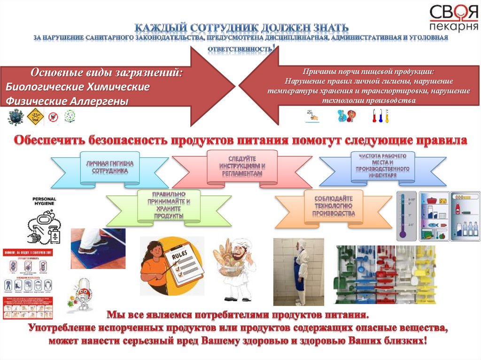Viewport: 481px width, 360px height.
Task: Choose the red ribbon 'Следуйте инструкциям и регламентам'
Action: [x=241, y=166]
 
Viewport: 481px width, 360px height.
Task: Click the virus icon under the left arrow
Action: [x=16, y=116]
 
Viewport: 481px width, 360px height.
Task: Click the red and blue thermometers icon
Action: [x=380, y=115]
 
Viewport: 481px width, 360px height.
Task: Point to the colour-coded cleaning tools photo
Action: [x=385, y=275]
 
